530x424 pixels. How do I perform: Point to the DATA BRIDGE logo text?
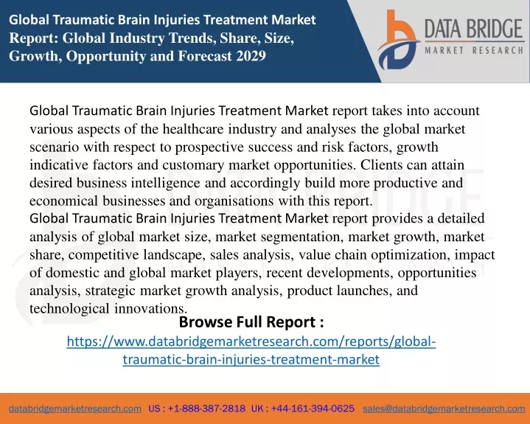pos(474,29)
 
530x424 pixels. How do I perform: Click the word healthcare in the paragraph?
pos(193,129)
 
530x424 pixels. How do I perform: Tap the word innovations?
pos(150,308)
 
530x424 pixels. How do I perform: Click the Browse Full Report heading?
pos(251,322)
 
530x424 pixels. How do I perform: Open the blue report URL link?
pos(251,350)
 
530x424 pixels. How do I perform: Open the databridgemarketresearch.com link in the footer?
pos(75,409)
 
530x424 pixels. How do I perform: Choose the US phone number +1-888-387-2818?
pos(206,409)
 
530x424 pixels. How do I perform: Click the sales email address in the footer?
pos(444,409)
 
